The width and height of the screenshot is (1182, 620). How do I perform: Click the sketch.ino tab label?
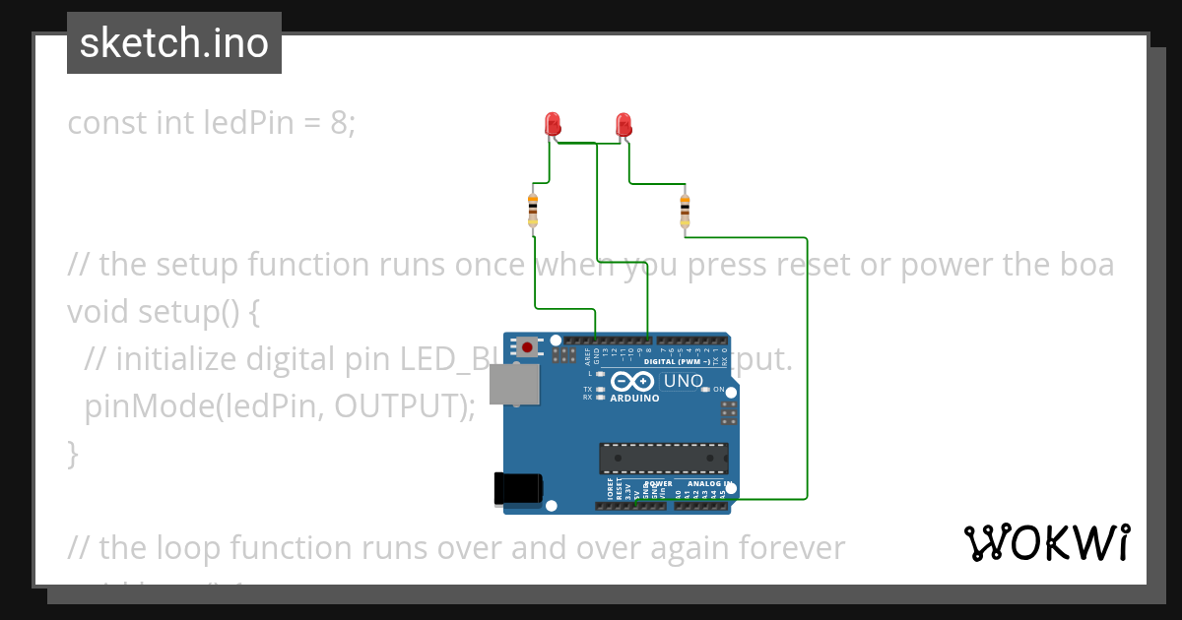(x=173, y=43)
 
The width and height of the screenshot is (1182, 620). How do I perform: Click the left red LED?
(x=553, y=124)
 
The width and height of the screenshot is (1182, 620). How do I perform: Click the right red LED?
(x=623, y=124)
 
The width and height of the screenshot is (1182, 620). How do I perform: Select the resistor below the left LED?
(x=533, y=210)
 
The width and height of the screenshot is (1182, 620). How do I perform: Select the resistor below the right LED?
(x=686, y=210)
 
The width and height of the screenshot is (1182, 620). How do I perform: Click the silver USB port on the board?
(x=514, y=384)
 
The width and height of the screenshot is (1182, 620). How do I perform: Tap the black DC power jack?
(x=517, y=489)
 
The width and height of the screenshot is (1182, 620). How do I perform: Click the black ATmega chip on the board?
(x=664, y=459)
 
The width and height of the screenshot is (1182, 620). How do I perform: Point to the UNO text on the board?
(x=684, y=381)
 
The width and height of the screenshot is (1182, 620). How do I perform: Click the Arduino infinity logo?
(x=633, y=382)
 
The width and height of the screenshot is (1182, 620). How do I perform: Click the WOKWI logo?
(x=1046, y=543)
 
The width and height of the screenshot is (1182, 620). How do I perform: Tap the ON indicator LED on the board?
(x=706, y=390)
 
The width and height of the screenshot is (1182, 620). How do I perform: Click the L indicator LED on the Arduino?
(x=600, y=374)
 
